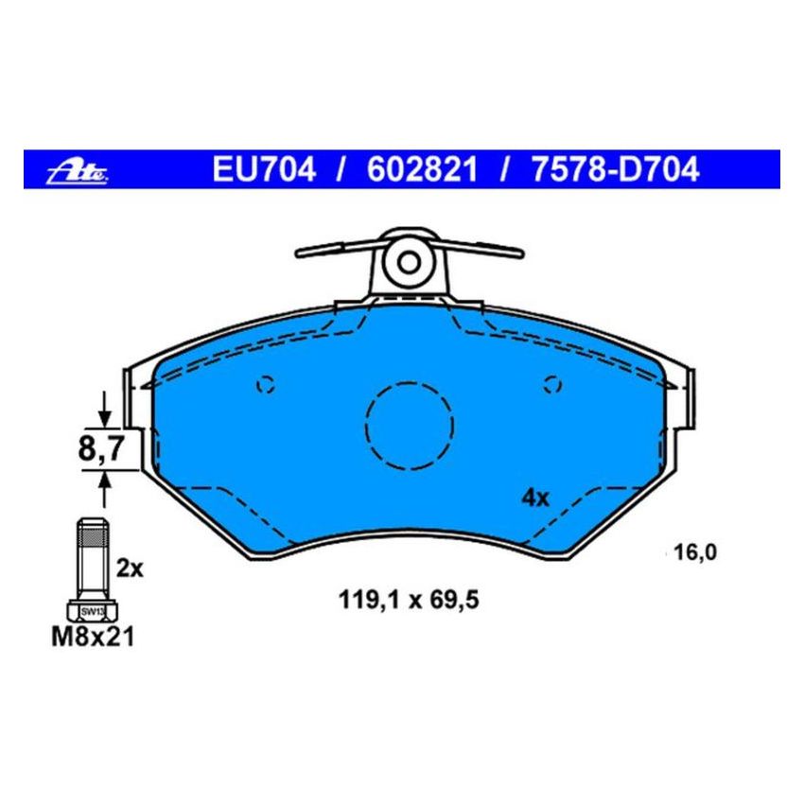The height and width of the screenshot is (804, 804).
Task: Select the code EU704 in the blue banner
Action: [x=264, y=170]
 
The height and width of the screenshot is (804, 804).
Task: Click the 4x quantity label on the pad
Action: [x=535, y=498]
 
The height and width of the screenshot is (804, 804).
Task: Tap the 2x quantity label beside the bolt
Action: [x=129, y=569]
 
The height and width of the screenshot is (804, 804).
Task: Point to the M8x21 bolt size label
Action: [x=92, y=638]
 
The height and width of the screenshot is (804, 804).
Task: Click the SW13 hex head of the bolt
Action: [x=91, y=611]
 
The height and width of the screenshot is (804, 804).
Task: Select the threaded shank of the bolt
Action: [x=91, y=558]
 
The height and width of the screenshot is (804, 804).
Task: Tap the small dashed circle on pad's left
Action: [x=266, y=384]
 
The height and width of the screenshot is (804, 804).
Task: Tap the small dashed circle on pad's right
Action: [x=554, y=384]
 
